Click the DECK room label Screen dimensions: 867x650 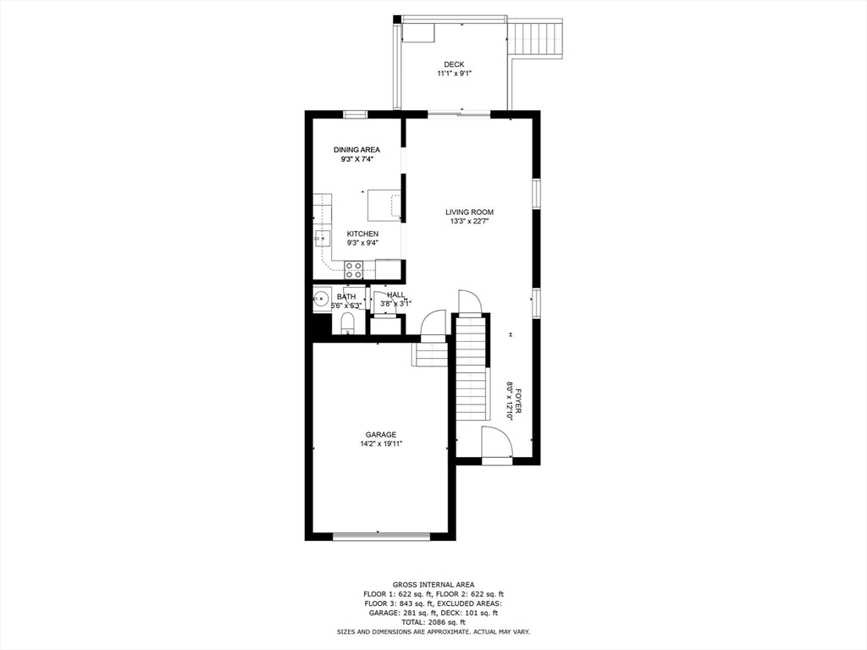click(454, 64)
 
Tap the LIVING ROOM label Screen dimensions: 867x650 click(469, 212)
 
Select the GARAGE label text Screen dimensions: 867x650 click(381, 434)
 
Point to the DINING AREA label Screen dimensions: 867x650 click(356, 150)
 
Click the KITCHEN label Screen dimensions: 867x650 click(362, 234)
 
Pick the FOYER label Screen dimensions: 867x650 click(519, 401)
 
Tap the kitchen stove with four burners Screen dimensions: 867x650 click(354, 270)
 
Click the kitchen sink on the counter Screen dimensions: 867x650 click(323, 239)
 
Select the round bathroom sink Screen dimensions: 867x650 click(321, 299)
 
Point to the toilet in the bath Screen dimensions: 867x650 click(347, 323)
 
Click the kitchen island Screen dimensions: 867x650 click(384, 205)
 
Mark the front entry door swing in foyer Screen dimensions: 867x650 click(496, 442)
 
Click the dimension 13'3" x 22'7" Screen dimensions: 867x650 click(469, 221)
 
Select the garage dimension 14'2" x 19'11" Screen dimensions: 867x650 click(381, 443)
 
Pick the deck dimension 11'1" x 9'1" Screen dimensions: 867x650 click(454, 73)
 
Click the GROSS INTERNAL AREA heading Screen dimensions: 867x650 click(433, 585)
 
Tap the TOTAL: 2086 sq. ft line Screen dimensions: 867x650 click(433, 622)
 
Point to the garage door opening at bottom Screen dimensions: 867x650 click(382, 535)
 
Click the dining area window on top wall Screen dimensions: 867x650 click(356, 114)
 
